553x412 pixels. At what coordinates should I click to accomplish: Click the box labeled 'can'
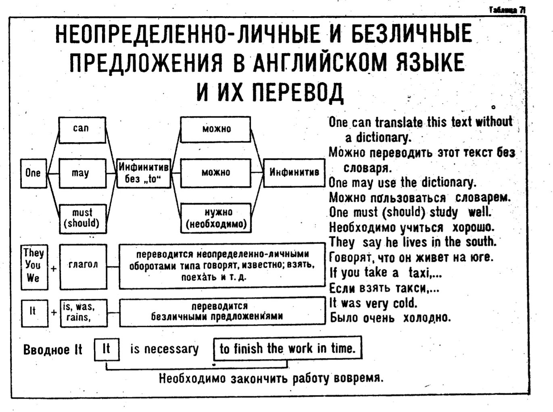82,129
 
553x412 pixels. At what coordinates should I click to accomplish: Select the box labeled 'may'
82,173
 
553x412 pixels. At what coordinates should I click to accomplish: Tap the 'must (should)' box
82,218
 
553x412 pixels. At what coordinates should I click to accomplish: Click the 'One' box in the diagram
33,173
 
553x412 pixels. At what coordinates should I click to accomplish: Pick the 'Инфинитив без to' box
143,173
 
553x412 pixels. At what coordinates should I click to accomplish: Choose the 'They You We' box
34,266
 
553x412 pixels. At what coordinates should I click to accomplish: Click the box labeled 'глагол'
83,266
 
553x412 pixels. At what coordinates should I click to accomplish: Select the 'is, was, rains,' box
83,312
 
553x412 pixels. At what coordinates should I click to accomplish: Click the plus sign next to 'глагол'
53,268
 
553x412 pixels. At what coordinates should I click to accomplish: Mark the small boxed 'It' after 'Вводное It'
106,349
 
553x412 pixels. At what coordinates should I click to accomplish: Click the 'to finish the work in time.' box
287,348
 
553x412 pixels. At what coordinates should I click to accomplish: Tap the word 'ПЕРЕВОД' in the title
298,91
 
